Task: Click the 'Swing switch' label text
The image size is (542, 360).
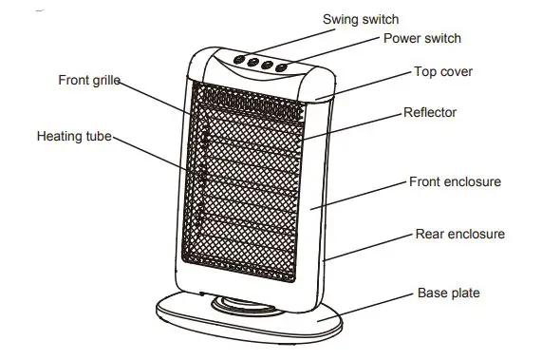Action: pyautogui.click(x=361, y=19)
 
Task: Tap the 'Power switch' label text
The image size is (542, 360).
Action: pyautogui.click(x=422, y=39)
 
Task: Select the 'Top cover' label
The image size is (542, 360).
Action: pyautogui.click(x=443, y=72)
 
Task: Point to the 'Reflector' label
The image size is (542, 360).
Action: pyautogui.click(x=430, y=113)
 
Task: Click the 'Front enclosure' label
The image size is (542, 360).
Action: pyautogui.click(x=455, y=181)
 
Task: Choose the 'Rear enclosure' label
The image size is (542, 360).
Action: pyautogui.click(x=460, y=234)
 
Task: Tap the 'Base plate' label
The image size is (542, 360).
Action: pyautogui.click(x=449, y=294)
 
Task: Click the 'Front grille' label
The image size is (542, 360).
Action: pyautogui.click(x=88, y=81)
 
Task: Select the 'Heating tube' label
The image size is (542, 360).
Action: pyautogui.click(x=74, y=137)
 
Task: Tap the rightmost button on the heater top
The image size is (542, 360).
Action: pyautogui.click(x=282, y=66)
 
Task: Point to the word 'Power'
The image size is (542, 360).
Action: pyautogui.click(x=402, y=39)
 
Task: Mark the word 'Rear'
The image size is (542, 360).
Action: pyautogui.click(x=431, y=234)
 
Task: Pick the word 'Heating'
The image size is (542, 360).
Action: pyautogui.click(x=60, y=137)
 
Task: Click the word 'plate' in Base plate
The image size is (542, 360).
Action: pyautogui.click(x=464, y=294)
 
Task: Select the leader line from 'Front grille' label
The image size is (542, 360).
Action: pyautogui.click(x=157, y=98)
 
